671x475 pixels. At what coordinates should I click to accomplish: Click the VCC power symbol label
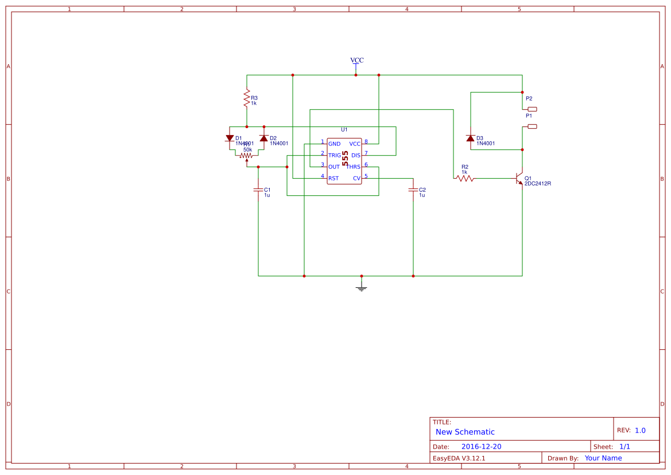(356, 60)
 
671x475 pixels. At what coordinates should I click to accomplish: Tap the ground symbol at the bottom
(361, 287)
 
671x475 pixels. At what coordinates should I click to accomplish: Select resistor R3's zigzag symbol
(247, 98)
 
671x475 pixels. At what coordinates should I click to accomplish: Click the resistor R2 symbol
(465, 179)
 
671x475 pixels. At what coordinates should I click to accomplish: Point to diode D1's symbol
(230, 138)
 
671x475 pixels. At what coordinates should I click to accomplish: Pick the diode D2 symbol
(263, 138)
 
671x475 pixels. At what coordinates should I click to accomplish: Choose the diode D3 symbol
(471, 138)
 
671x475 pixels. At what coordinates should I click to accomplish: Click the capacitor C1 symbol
(258, 190)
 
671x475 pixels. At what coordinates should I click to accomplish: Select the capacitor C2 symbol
(413, 190)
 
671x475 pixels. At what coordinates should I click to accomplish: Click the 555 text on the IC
(346, 158)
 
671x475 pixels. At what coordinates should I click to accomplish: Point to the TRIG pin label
(335, 156)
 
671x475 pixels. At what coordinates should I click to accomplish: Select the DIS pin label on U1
(356, 156)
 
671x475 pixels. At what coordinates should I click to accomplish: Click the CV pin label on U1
(356, 179)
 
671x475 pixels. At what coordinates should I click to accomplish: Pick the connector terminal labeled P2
(532, 109)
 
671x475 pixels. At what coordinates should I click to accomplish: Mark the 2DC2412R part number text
(538, 184)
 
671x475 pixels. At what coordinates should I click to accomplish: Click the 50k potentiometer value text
(247, 149)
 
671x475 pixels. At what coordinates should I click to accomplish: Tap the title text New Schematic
(465, 432)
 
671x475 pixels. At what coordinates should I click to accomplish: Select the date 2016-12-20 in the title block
(481, 447)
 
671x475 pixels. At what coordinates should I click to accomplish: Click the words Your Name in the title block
(603, 458)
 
